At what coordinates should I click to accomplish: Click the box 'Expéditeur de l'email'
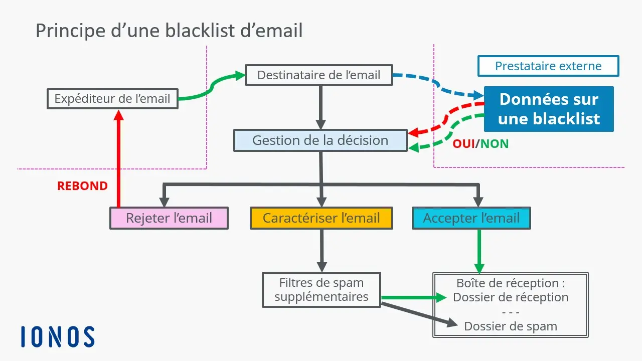pyautogui.click(x=112, y=99)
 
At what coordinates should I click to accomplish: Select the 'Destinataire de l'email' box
pyautogui.click(x=319, y=75)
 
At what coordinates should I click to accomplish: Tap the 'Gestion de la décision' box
pyautogui.click(x=320, y=140)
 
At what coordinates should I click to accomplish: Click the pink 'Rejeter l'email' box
pyautogui.click(x=169, y=218)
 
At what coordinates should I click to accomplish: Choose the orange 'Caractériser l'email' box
pyautogui.click(x=321, y=218)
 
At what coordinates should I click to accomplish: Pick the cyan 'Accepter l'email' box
pyautogui.click(x=471, y=218)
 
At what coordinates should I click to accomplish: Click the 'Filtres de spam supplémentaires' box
pyautogui.click(x=321, y=290)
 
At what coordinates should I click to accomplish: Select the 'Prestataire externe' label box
pyautogui.click(x=548, y=66)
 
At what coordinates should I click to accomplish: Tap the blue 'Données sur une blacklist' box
pyautogui.click(x=549, y=109)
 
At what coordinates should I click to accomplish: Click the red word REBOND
pyautogui.click(x=82, y=186)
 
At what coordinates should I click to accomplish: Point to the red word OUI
pyautogui.click(x=463, y=144)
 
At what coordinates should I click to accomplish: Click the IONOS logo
pyautogui.click(x=58, y=337)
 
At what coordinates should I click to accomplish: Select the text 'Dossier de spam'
pyautogui.click(x=511, y=326)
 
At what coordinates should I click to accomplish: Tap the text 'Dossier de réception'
pyautogui.click(x=511, y=297)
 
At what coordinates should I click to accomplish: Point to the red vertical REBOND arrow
pyautogui.click(x=118, y=160)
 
